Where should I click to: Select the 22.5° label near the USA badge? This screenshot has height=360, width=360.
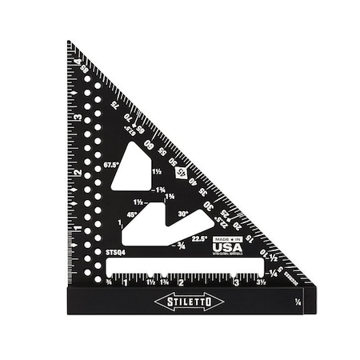pos(199,238)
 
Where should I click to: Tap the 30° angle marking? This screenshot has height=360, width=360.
pos(184,214)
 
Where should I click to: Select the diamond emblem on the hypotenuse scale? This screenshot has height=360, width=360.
pos(180,170)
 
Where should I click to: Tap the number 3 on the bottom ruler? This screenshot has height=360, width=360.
pos(235,282)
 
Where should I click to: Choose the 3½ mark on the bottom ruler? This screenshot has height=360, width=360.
pos(261,282)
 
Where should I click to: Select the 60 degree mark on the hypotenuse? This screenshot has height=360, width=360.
pos(148,145)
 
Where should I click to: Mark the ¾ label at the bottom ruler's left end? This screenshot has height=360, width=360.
pos(108,282)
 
